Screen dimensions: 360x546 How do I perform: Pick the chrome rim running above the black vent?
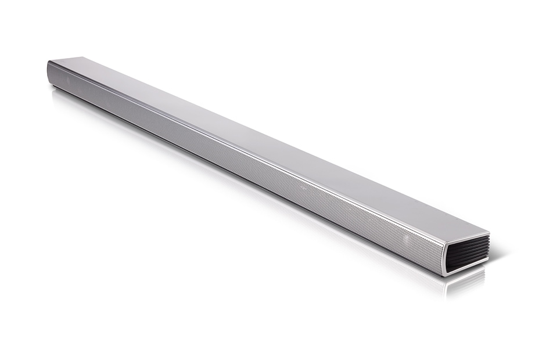tap(468, 232)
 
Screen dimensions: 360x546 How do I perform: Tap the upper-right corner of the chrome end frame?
tap(488, 234)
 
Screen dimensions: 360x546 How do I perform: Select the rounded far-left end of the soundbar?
tap(50, 73)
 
